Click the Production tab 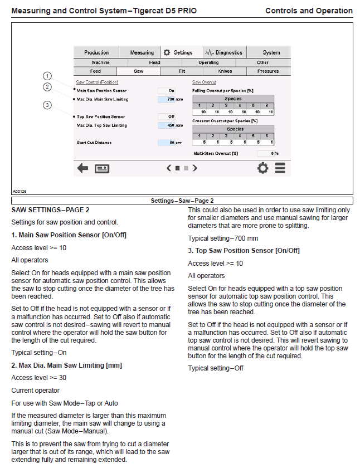coord(96,52)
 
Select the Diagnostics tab coord(225,52)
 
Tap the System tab coord(271,52)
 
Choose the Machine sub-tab coord(101,62)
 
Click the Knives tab coord(225,71)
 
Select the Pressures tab coord(267,71)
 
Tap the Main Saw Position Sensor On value coord(167,90)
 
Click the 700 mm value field coord(167,99)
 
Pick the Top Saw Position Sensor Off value coord(167,116)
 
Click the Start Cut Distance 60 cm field coord(167,143)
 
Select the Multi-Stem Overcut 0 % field coord(266,153)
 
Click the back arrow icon coord(82,168)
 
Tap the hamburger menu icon coord(280,168)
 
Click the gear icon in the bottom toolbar coord(262,168)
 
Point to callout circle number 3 coord(47,105)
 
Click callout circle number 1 coord(47,76)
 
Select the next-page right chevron coord(195,168)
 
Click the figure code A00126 coord(20,191)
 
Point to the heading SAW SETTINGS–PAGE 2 coord(51,210)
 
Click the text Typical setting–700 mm coord(223,238)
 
